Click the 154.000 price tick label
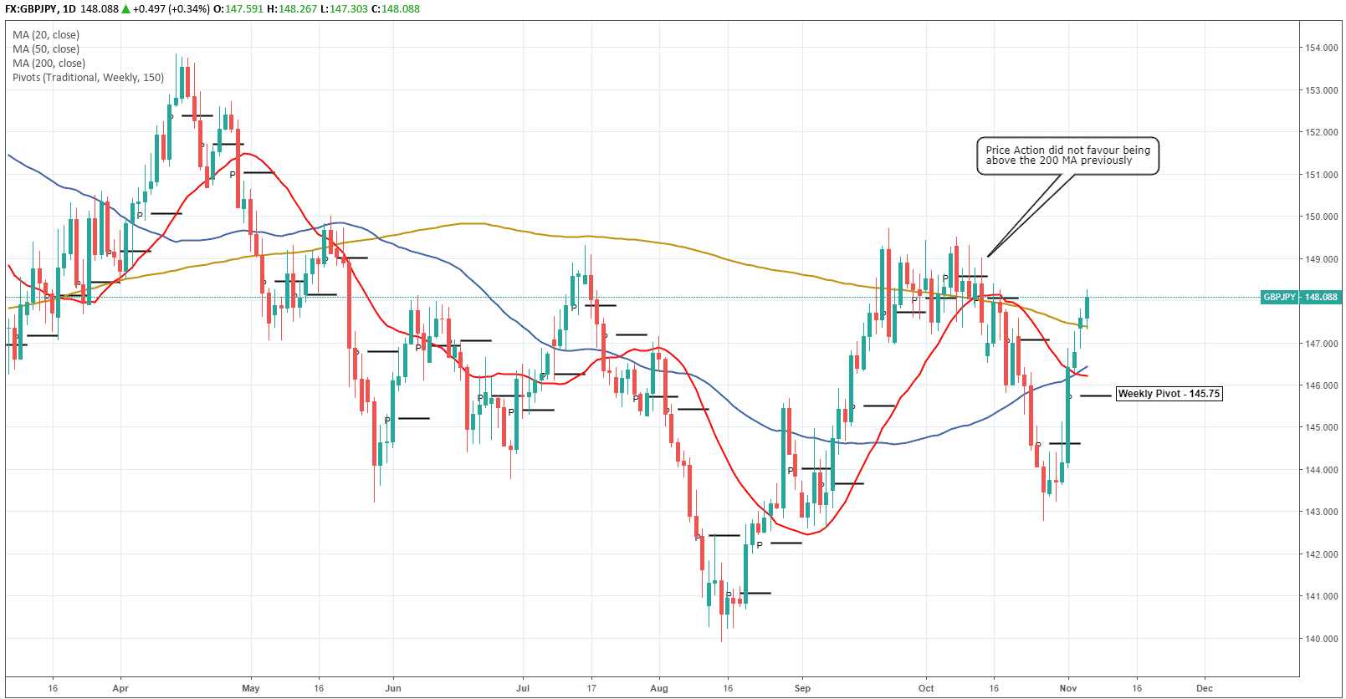1321,48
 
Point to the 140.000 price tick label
1321,639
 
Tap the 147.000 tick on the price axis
1321,344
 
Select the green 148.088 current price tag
1321,297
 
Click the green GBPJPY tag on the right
1279,297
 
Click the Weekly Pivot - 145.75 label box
1169,394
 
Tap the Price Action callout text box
1067,156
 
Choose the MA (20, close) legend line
46,35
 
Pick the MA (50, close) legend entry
46,49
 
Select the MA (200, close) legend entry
49,64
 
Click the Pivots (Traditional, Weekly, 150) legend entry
88,78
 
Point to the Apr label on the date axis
120,689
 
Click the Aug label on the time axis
659,689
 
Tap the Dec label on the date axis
1205,689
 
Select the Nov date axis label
1068,689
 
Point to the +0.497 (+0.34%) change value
171,9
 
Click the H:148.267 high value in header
292,9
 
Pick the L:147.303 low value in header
344,9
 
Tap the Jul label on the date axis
523,689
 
